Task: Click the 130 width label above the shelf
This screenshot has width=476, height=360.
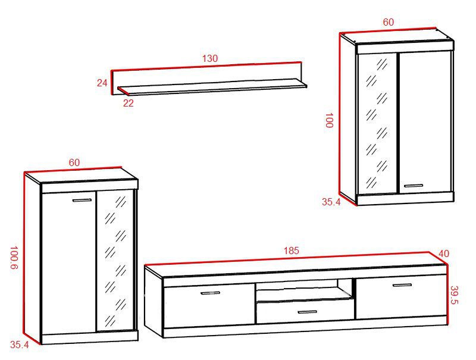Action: click(x=210, y=58)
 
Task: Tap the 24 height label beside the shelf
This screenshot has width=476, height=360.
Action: click(x=102, y=83)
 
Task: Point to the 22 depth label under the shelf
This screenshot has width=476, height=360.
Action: click(x=128, y=103)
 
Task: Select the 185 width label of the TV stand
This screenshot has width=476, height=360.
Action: click(x=292, y=251)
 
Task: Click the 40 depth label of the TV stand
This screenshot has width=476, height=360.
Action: click(x=444, y=253)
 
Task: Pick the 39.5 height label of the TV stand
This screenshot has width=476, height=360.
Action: click(x=455, y=295)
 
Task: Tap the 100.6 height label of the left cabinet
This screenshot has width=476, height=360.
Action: click(x=14, y=258)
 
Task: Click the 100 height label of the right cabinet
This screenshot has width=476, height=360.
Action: click(x=329, y=120)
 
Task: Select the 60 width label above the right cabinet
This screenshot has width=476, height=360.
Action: click(x=389, y=22)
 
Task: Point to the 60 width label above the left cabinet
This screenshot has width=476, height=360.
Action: click(x=74, y=162)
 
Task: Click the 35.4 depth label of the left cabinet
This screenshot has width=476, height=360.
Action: click(x=20, y=345)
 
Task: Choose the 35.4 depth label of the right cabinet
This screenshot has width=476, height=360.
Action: click(x=331, y=202)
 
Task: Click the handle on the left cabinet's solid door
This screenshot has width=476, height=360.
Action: click(x=82, y=201)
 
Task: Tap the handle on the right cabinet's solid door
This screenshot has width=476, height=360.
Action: click(x=413, y=186)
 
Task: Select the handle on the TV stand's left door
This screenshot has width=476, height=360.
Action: click(x=210, y=293)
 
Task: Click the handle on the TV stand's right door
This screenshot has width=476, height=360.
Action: click(x=402, y=285)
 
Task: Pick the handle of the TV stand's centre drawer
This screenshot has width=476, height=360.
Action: click(x=307, y=312)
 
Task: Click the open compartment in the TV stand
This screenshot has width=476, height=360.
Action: click(x=303, y=289)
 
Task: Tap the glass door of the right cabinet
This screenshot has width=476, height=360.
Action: click(x=377, y=124)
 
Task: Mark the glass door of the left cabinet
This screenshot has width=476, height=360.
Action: click(x=115, y=261)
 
